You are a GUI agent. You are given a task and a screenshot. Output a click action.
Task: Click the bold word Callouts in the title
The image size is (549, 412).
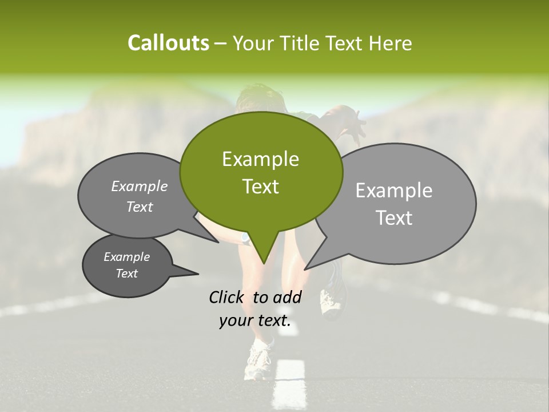coord(168,43)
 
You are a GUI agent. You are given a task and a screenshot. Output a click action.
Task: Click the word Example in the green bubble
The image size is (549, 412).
coord(260,159)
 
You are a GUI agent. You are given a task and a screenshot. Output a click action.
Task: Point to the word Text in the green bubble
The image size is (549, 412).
coord(260,187)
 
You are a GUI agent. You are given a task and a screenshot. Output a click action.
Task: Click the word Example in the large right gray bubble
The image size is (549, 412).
coord(393,191)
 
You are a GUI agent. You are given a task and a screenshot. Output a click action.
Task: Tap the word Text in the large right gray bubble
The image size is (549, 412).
coord(393,218)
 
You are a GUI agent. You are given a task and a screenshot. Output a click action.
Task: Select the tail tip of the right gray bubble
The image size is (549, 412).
coord(305,268)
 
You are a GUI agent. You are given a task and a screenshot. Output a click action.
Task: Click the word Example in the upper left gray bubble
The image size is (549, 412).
coord(140,186)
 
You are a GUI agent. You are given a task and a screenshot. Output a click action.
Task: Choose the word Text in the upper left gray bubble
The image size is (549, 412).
coord(140,207)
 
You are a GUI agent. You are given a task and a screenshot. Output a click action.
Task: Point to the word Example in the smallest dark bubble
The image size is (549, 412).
coord(126,257)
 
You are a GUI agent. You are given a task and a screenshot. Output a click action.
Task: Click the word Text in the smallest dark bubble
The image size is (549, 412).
coord(126,274)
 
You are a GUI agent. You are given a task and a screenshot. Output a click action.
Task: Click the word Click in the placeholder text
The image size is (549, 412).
coord(228,297)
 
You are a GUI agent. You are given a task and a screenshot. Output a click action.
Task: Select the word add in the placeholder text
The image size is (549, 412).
coord(287,297)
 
